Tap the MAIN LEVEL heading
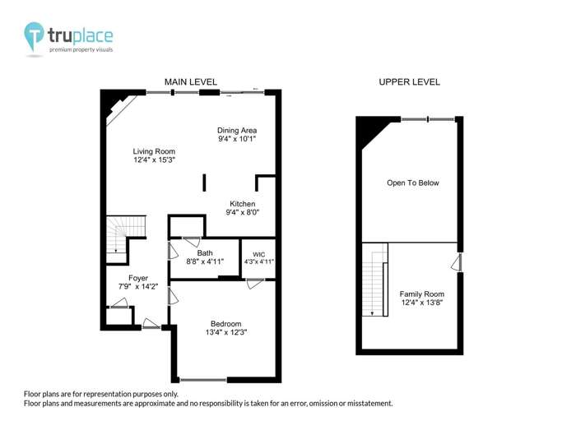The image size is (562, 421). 190,82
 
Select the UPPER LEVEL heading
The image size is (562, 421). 409,82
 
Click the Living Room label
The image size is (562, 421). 155,151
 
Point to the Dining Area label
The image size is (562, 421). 237,130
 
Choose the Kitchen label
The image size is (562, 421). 243,204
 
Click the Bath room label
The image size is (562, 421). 205,252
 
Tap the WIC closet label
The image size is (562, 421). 259,252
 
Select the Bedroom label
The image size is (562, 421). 226,323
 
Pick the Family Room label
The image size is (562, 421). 421,294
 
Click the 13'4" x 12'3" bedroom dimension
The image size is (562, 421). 226,332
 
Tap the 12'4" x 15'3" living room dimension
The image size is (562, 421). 155,160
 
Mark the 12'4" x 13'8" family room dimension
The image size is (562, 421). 421,303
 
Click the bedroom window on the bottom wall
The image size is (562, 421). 203,380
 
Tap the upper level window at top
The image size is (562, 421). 428,120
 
